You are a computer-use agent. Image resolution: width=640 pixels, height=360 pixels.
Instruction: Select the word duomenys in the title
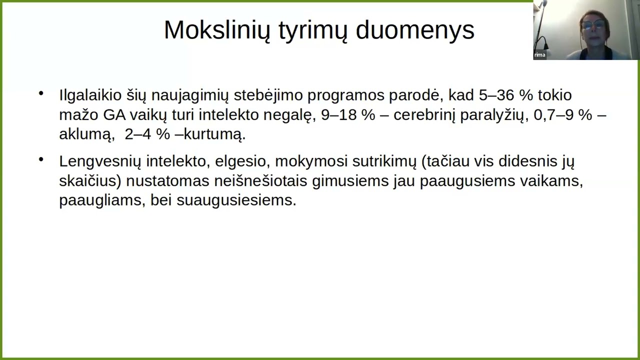click(x=414, y=30)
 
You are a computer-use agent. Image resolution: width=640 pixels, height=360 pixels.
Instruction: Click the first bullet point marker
click(x=41, y=93)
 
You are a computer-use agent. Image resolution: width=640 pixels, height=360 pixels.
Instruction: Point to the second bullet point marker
click(x=41, y=159)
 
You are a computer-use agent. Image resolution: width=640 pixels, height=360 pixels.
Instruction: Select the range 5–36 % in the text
click(x=506, y=95)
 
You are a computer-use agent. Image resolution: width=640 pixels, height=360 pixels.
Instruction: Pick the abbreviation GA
click(x=114, y=115)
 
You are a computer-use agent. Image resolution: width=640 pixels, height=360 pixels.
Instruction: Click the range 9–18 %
click(x=347, y=115)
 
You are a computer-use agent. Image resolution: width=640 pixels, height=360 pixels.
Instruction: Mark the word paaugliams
click(x=100, y=200)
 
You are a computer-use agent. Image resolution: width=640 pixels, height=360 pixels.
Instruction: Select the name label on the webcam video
click(x=539, y=55)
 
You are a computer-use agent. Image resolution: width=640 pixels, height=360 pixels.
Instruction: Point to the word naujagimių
click(x=190, y=95)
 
